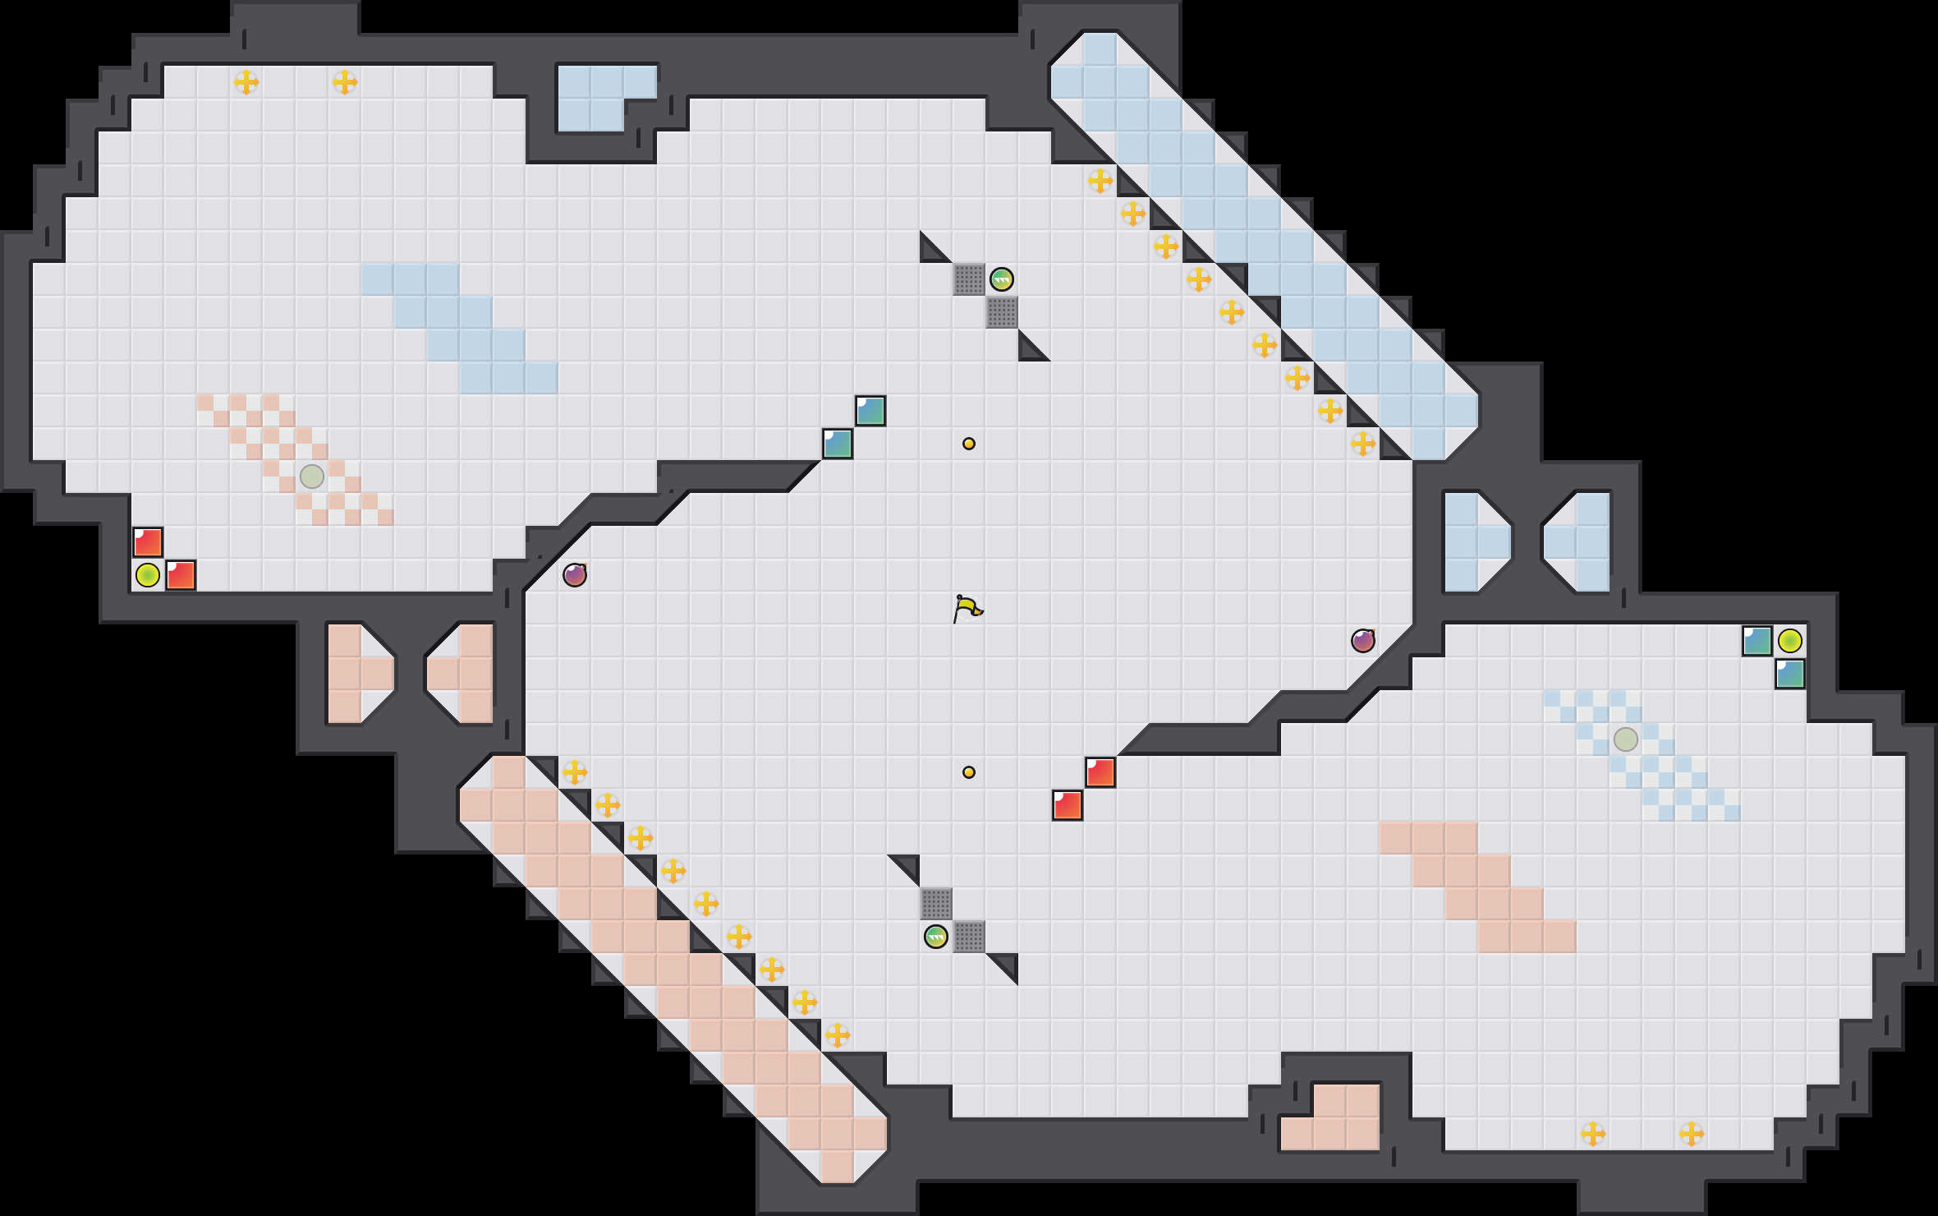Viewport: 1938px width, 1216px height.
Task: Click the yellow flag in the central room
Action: point(967,609)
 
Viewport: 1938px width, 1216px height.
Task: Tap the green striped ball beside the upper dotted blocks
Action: point(1001,279)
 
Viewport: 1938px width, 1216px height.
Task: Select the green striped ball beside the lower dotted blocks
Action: point(935,937)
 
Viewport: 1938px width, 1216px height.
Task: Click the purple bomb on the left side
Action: point(575,575)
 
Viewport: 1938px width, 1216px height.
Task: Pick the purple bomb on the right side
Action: point(1363,641)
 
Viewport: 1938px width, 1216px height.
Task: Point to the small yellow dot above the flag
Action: point(969,444)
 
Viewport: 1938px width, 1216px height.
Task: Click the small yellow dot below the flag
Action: point(969,772)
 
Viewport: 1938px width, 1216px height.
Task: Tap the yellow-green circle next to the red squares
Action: point(148,575)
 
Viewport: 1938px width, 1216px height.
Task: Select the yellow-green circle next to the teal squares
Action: point(1790,641)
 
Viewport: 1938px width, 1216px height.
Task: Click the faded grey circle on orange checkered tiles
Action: point(312,477)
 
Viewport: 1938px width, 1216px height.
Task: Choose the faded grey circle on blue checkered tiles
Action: point(1626,739)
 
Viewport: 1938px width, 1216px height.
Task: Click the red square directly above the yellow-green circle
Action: point(148,542)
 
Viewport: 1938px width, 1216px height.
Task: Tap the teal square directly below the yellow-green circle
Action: point(1790,674)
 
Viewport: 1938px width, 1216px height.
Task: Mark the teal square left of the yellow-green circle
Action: point(1757,641)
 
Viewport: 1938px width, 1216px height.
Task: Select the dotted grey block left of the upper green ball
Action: point(969,279)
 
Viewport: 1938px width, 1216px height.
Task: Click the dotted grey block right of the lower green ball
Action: point(969,937)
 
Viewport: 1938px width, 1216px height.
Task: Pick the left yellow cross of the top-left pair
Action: point(246,82)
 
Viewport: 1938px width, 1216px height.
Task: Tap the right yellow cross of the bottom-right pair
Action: point(1692,1134)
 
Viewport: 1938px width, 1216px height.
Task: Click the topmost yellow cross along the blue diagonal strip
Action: point(1100,181)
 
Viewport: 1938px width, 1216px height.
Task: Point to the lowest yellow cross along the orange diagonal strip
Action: point(838,1035)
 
